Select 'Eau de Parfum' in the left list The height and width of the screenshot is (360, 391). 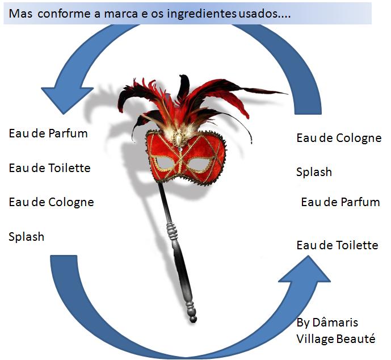48,134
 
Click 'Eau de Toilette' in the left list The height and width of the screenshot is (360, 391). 49,168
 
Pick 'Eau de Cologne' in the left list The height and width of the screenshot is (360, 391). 51,202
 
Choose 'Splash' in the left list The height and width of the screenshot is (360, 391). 26,236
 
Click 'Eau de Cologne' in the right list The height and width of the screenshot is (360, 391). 339,138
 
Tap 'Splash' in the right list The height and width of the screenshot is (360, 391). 314,171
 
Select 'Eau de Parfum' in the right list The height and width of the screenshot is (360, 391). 340,202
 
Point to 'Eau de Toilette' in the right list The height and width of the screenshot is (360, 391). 337,245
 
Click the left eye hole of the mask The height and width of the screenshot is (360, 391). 164,163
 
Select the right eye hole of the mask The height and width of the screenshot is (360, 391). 199,165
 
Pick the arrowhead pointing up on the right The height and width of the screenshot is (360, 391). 305,271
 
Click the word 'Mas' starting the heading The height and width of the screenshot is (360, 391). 21,13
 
